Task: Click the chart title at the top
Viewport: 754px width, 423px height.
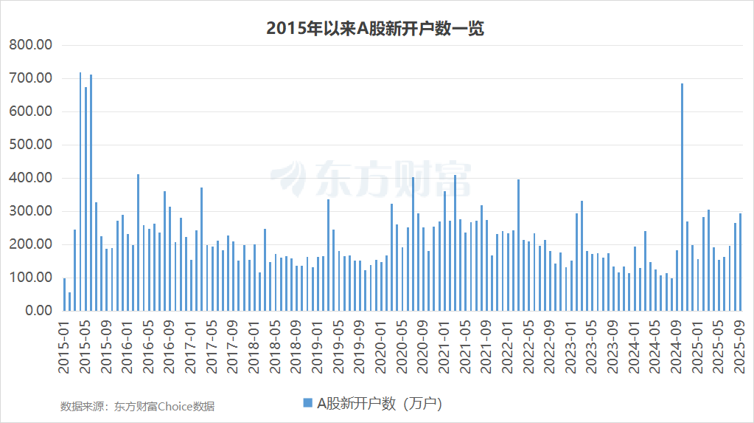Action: click(x=376, y=28)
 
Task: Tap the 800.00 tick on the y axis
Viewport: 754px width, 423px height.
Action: click(x=30, y=45)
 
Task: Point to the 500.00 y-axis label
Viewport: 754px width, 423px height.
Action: click(x=30, y=145)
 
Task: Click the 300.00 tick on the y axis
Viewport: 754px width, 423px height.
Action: click(x=30, y=211)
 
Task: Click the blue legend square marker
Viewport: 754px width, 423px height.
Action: click(x=307, y=402)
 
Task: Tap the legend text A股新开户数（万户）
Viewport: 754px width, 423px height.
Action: click(x=379, y=403)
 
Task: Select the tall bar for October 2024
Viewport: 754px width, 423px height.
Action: click(x=682, y=196)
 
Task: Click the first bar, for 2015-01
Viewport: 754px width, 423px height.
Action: click(x=64, y=295)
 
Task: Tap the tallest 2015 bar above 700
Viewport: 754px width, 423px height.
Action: click(x=80, y=191)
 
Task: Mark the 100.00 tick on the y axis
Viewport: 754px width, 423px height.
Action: click(x=30, y=278)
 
